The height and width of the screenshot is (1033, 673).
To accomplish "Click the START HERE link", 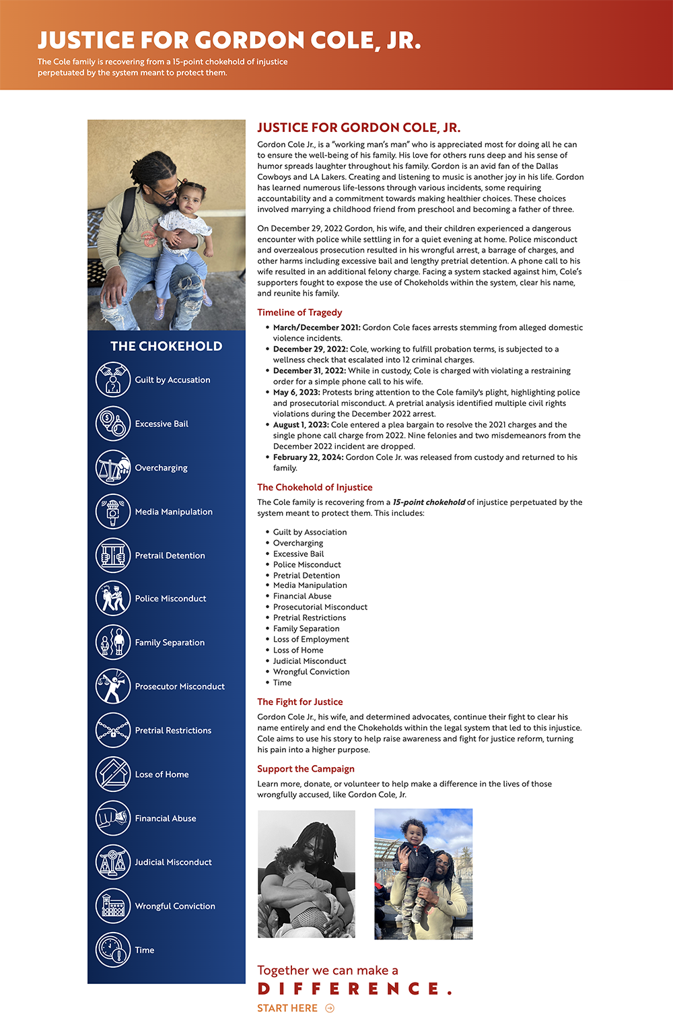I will tap(287, 1008).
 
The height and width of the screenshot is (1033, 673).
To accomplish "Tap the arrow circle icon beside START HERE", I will tap(330, 1008).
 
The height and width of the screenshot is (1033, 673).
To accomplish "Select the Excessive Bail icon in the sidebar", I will tap(112, 424).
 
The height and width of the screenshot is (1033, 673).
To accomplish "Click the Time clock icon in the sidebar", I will tap(112, 950).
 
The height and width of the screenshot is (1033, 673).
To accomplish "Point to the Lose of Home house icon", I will tap(112, 774).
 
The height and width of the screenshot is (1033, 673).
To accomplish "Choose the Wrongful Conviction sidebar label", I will tap(175, 906).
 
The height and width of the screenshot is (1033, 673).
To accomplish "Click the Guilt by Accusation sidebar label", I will tap(172, 380).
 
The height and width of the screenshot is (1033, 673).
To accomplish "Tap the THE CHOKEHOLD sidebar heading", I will tap(166, 346).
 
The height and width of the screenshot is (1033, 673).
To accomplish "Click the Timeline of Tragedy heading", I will tap(299, 312).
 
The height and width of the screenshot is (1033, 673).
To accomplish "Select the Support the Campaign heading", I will tap(306, 769).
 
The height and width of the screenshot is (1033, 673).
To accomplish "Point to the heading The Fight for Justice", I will tap(300, 702).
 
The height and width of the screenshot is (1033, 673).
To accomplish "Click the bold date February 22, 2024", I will tap(308, 457).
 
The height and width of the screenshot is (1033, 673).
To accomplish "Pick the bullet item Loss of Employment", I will tap(311, 640).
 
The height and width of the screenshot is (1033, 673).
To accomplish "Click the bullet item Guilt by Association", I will tap(310, 532).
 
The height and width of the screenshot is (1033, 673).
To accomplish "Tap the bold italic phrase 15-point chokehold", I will tap(429, 502).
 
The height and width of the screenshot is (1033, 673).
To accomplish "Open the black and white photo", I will tap(306, 873).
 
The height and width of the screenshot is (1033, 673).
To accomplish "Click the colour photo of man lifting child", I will tap(423, 873).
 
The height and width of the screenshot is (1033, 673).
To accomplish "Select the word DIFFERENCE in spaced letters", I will tap(355, 989).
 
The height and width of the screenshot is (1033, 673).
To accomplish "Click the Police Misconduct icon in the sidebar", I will tap(112, 599).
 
